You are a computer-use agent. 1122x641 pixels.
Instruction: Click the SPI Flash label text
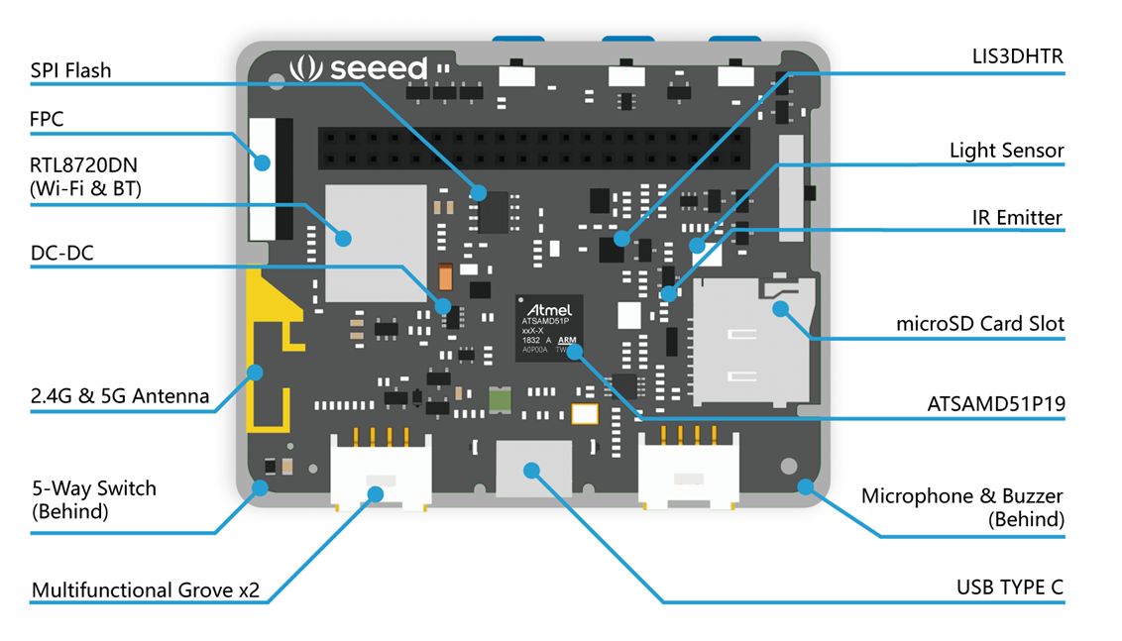pos(70,70)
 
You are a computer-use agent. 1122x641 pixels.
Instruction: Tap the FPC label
pos(47,119)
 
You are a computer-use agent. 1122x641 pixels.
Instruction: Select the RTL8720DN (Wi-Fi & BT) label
pos(85,176)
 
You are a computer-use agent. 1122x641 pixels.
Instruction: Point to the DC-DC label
pos(61,254)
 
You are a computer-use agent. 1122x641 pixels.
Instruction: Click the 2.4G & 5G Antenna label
pos(120,395)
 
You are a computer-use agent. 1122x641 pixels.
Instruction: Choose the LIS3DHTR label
pos(1018,56)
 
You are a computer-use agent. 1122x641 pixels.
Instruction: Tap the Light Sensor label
pos(1006,151)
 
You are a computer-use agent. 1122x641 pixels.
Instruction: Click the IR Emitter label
pos(1017,218)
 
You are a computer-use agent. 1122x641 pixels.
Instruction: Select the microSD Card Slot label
pos(980,323)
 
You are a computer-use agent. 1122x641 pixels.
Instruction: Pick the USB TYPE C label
pos(1010,588)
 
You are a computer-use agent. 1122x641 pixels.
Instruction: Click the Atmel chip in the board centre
pos(549,328)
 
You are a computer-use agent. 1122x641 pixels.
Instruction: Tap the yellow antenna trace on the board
pos(270,351)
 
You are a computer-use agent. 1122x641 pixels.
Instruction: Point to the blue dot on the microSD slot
pos(781,309)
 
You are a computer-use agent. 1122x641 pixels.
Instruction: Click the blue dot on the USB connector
pos(531,470)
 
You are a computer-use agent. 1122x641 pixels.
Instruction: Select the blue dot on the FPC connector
pos(263,162)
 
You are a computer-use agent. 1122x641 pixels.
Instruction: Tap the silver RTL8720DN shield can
pos(377,244)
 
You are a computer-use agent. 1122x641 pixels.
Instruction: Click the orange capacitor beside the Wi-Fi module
pos(445,276)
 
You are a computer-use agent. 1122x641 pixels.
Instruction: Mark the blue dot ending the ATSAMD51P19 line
pos(574,352)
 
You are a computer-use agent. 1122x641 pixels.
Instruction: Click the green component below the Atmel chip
pos(501,400)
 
